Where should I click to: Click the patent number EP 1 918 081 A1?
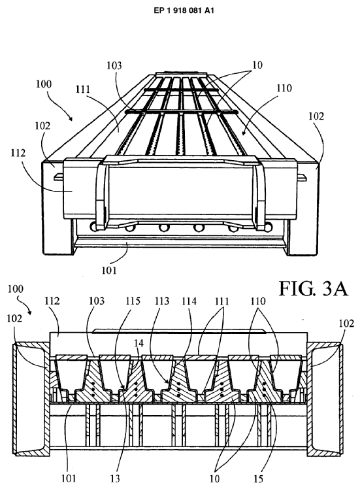[x=184, y=10]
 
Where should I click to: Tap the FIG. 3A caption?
[x=314, y=289]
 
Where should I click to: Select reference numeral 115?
[x=133, y=301]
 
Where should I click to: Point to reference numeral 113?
[x=162, y=301]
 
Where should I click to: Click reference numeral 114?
[x=189, y=301]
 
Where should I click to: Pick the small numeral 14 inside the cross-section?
[x=139, y=343]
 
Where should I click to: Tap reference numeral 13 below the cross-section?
[x=115, y=478]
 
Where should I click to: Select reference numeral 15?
[x=258, y=478]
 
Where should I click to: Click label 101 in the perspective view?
[x=109, y=271]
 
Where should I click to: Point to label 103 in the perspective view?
[x=114, y=65]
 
